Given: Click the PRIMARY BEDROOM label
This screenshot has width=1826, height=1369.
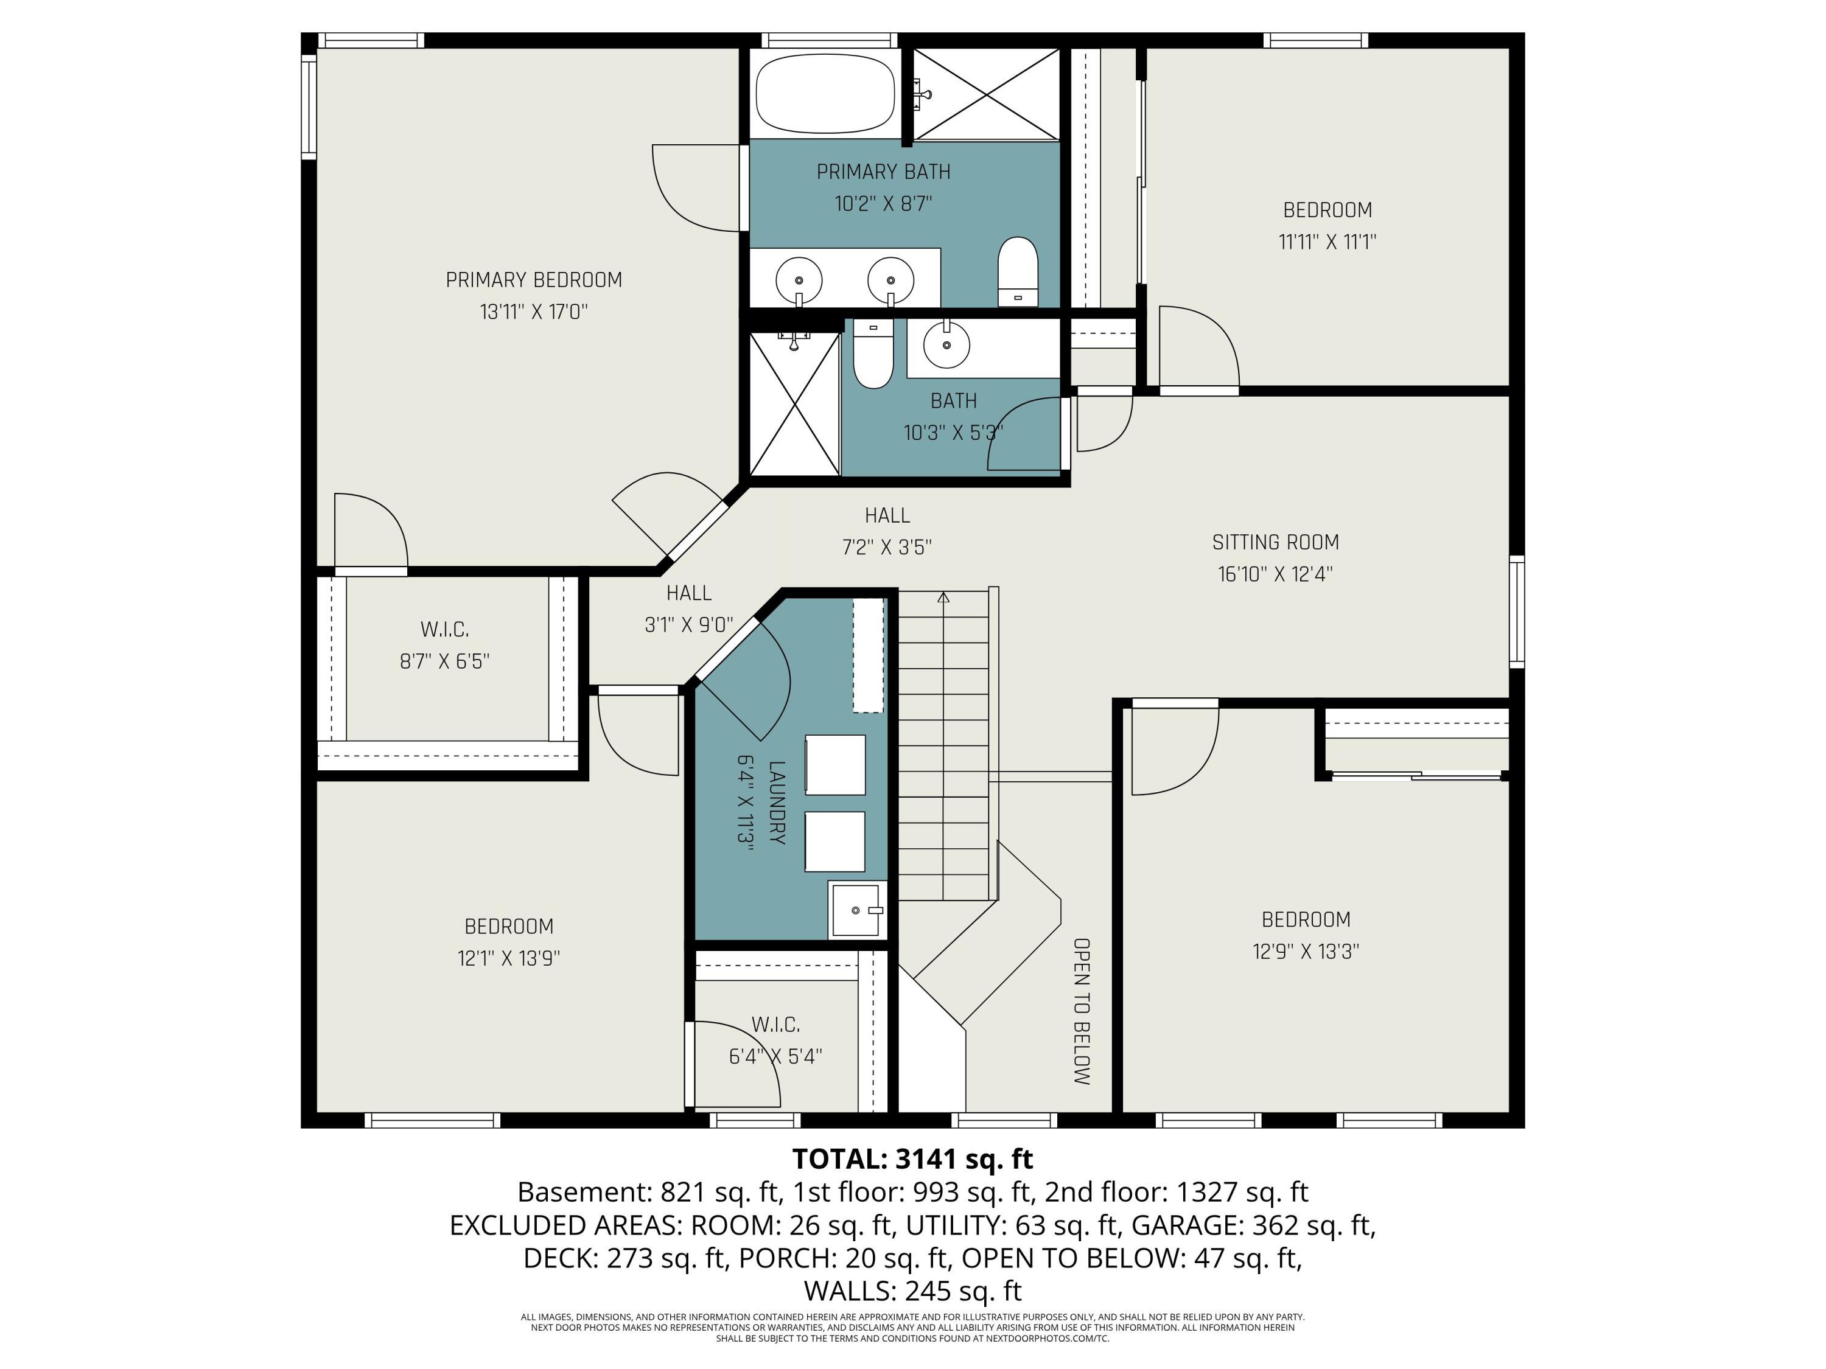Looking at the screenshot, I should point(533,280).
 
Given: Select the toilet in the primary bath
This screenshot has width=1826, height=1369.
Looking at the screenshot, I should point(1017,271).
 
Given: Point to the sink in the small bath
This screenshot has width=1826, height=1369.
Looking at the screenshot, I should point(946,344).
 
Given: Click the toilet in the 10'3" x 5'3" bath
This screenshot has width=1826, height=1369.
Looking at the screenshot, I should point(873,355).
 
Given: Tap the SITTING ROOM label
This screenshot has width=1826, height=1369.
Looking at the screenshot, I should point(1275,542).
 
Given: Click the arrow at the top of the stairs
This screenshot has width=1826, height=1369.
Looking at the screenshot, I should point(943,597).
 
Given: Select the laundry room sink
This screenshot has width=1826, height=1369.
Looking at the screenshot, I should point(856,910).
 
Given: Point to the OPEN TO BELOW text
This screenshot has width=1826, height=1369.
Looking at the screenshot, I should point(1082,1011).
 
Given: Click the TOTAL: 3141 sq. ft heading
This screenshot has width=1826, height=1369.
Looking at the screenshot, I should point(912,1158).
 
